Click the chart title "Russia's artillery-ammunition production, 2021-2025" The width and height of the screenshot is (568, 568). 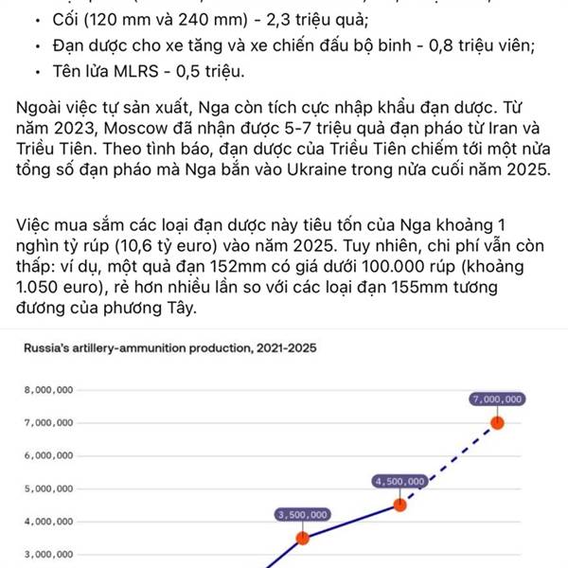(x=170, y=347)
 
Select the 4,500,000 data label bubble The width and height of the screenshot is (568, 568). (x=401, y=482)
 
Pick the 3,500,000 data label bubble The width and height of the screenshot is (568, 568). (x=303, y=515)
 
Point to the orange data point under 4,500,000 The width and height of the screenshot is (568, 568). (x=400, y=505)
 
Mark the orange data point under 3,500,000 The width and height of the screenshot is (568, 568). (x=303, y=538)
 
